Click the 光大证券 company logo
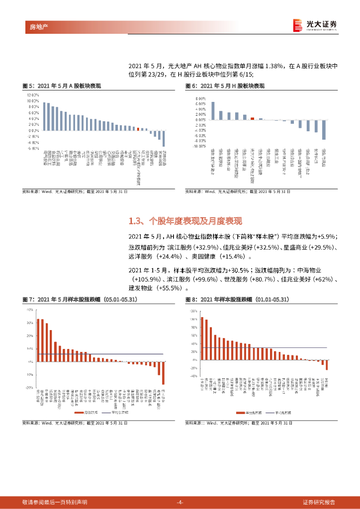315,24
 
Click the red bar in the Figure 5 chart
138,129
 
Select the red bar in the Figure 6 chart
253,118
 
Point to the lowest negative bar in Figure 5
164,138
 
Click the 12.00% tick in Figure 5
32,94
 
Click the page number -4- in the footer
180,502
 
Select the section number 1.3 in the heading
135,221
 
